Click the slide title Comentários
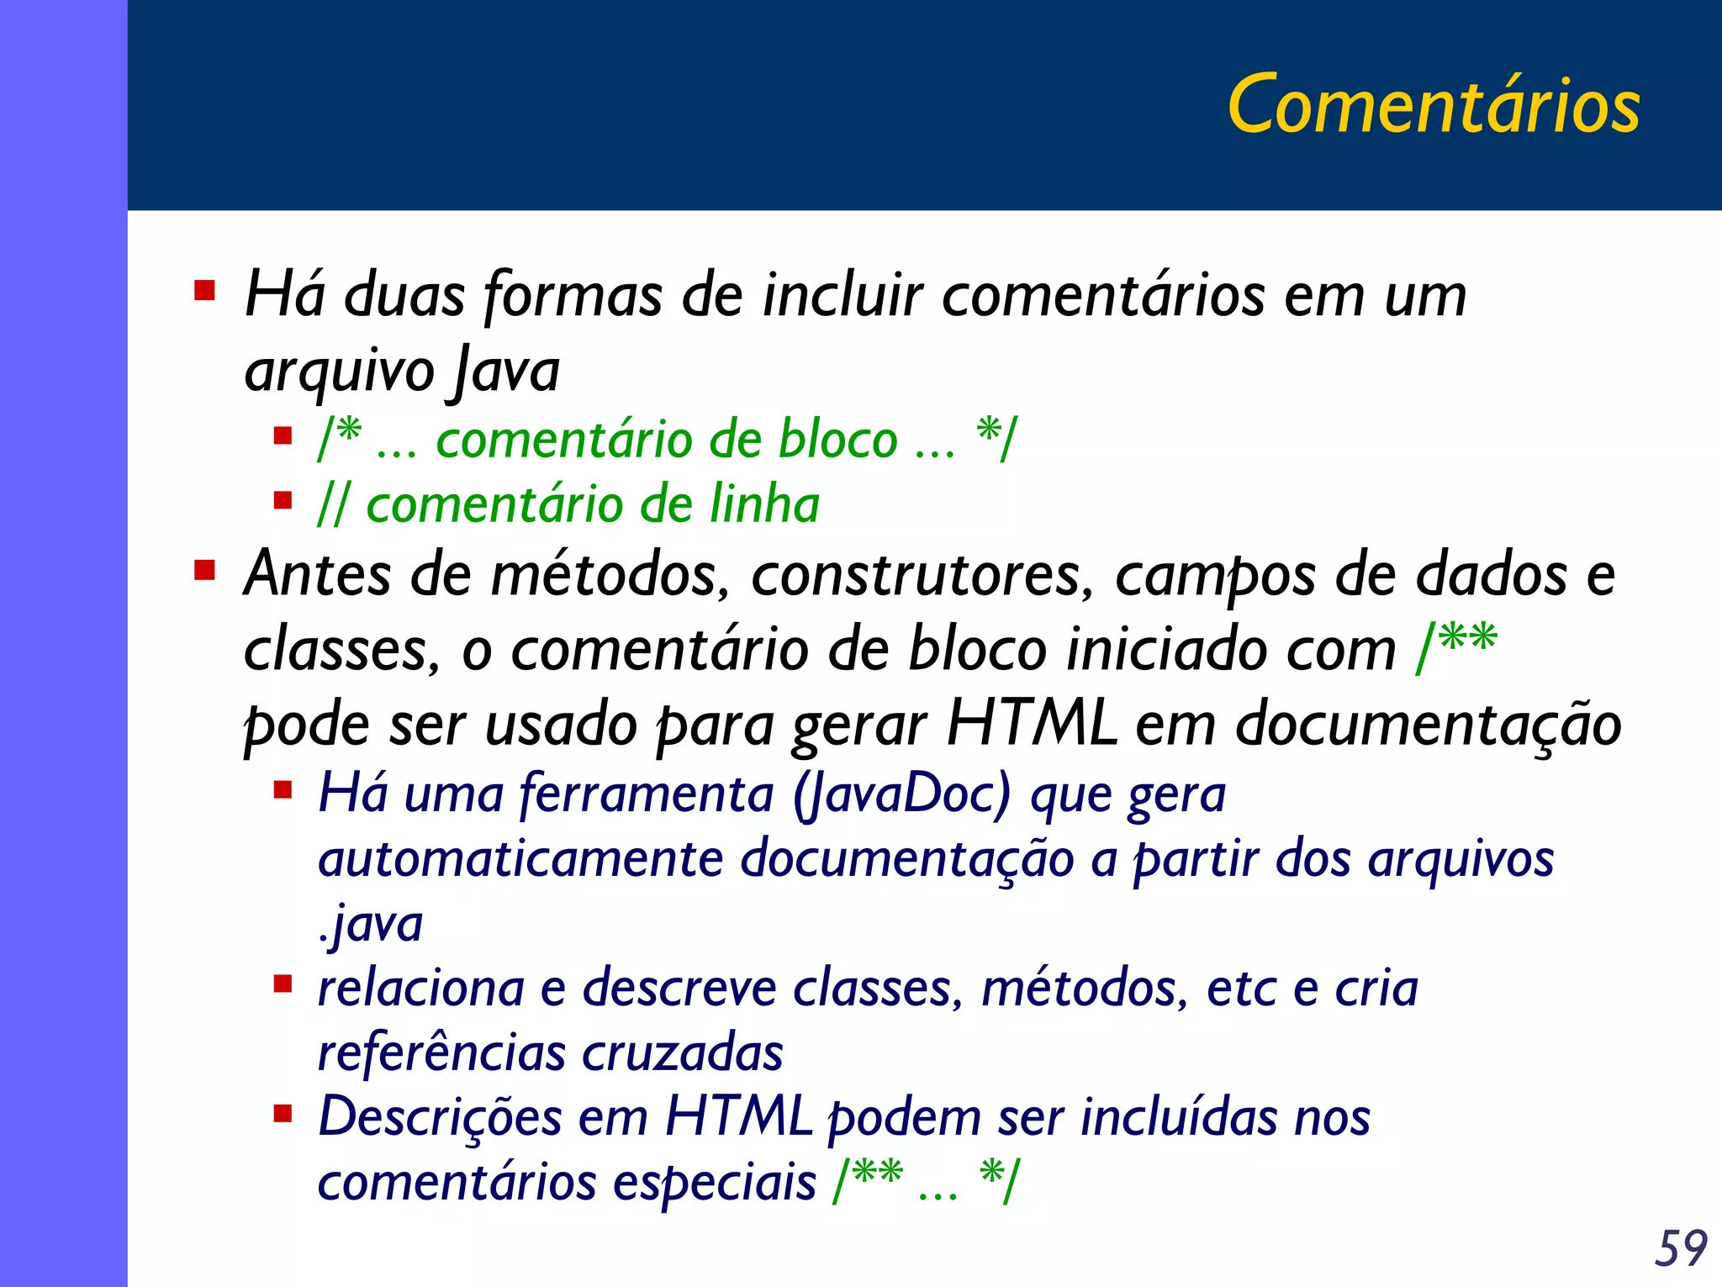[1433, 105]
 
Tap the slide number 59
[1680, 1248]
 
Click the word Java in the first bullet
[507, 371]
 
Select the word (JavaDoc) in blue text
[901, 794]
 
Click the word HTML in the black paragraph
[1031, 724]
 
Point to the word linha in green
[763, 504]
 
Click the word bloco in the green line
[837, 440]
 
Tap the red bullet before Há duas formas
[204, 291]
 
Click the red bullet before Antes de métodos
[204, 571]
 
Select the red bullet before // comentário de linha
[283, 501]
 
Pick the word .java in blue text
[370, 925]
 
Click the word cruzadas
[682, 1052]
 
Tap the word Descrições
[440, 1118]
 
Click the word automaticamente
[520, 859]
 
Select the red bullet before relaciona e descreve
[283, 984]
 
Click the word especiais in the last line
[714, 1183]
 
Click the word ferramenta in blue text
[647, 794]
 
